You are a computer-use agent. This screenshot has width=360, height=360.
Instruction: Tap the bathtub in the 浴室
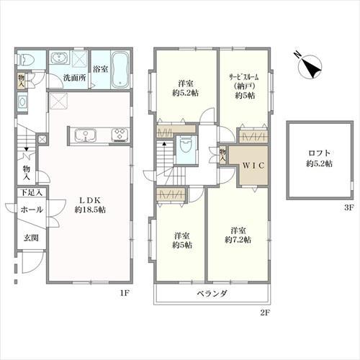(x=120, y=70)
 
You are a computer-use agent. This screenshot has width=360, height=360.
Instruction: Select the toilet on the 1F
(x=27, y=60)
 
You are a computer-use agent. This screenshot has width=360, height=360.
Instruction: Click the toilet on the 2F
(x=186, y=146)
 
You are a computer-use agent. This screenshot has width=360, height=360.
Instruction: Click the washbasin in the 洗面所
(x=59, y=58)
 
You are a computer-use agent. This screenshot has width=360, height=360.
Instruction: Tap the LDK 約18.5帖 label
(x=90, y=204)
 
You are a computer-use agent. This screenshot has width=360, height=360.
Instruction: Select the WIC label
(x=253, y=166)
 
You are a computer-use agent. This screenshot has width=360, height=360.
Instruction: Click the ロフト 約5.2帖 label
(x=319, y=158)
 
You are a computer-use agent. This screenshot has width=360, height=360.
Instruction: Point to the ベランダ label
(x=212, y=293)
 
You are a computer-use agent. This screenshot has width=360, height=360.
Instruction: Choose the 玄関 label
(x=31, y=238)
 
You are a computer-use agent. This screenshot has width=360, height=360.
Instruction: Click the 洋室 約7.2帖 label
(x=238, y=235)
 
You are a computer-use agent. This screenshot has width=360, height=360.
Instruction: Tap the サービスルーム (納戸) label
(x=245, y=81)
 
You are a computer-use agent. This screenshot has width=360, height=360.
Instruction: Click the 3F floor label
(x=349, y=208)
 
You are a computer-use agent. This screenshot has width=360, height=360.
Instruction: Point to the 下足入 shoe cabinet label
(x=31, y=192)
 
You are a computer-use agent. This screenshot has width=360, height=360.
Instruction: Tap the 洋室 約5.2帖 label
(x=186, y=89)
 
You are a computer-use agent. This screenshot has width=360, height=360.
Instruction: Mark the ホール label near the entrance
(x=32, y=210)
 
